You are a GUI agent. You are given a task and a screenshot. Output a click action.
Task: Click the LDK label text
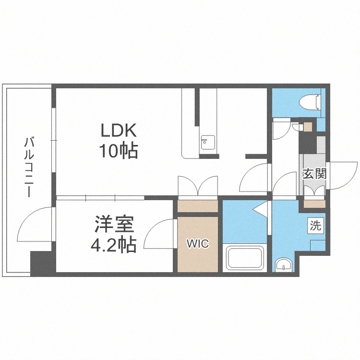119,130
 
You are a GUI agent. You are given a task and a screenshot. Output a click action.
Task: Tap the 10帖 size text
119,151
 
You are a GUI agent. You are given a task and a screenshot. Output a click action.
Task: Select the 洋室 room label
114,224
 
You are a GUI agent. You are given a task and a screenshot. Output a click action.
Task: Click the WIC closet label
198,244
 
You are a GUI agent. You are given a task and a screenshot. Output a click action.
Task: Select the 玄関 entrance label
314,173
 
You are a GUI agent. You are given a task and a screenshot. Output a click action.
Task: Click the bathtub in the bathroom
245,258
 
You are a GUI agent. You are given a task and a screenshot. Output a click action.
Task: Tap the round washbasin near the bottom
285,264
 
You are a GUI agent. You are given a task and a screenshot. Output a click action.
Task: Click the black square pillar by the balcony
40,263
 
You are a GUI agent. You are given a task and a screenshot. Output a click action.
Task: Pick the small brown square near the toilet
307,127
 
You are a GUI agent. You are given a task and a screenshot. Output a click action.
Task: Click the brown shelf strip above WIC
197,206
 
